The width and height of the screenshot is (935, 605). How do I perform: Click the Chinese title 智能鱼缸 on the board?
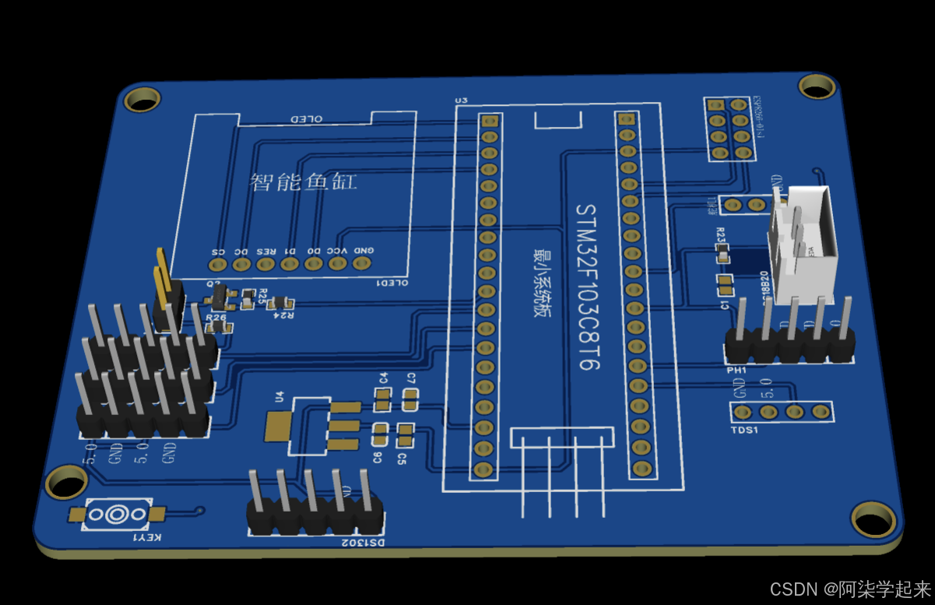(304, 181)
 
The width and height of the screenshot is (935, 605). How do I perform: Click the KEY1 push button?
(118, 515)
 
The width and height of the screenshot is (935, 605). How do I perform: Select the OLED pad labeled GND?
(361, 262)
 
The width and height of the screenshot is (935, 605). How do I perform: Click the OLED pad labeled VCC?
(337, 263)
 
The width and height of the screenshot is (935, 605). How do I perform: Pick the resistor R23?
(723, 253)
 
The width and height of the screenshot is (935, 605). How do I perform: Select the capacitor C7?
(410, 400)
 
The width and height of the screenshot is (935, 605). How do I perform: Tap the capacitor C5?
(405, 432)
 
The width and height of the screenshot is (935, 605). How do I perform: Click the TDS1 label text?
(744, 430)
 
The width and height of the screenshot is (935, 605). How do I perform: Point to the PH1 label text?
(736, 370)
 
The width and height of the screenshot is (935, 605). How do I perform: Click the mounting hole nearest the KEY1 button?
(66, 481)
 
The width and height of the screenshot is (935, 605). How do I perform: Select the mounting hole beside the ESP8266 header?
(817, 86)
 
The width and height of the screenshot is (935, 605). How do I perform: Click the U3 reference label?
(461, 100)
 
